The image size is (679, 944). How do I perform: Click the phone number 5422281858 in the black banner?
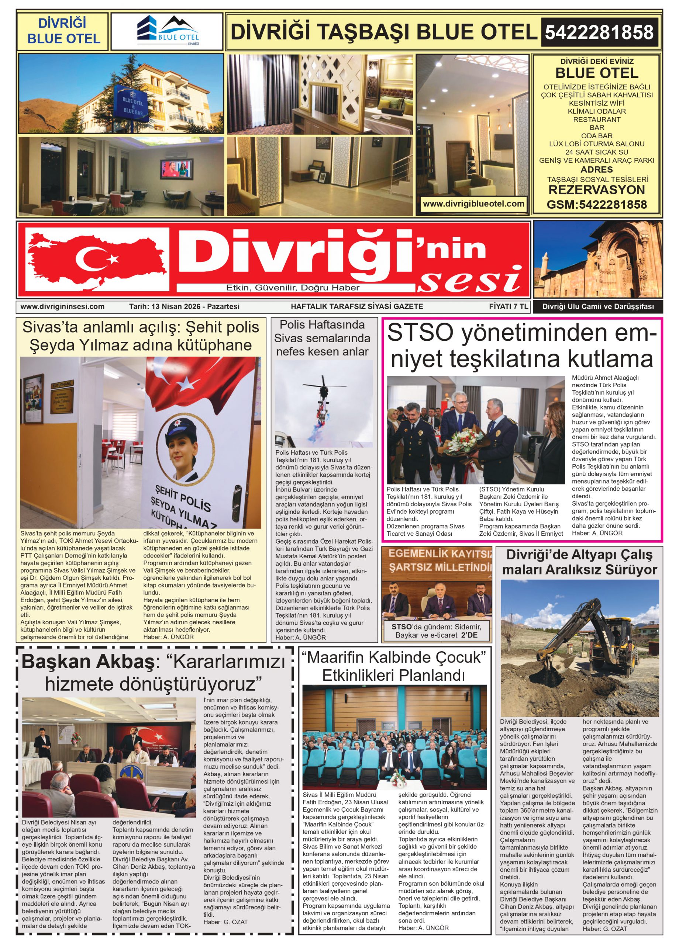pos(599,32)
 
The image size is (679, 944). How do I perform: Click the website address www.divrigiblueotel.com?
pos(473,204)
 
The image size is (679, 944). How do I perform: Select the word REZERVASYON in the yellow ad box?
pos(596,190)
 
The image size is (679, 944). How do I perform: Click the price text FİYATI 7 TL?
pos(508,306)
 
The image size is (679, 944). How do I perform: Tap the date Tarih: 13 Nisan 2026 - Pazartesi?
pos(184,307)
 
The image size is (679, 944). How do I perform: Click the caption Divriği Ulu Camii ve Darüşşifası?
pos(598,307)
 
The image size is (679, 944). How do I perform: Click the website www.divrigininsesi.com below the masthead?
pos(62,307)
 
